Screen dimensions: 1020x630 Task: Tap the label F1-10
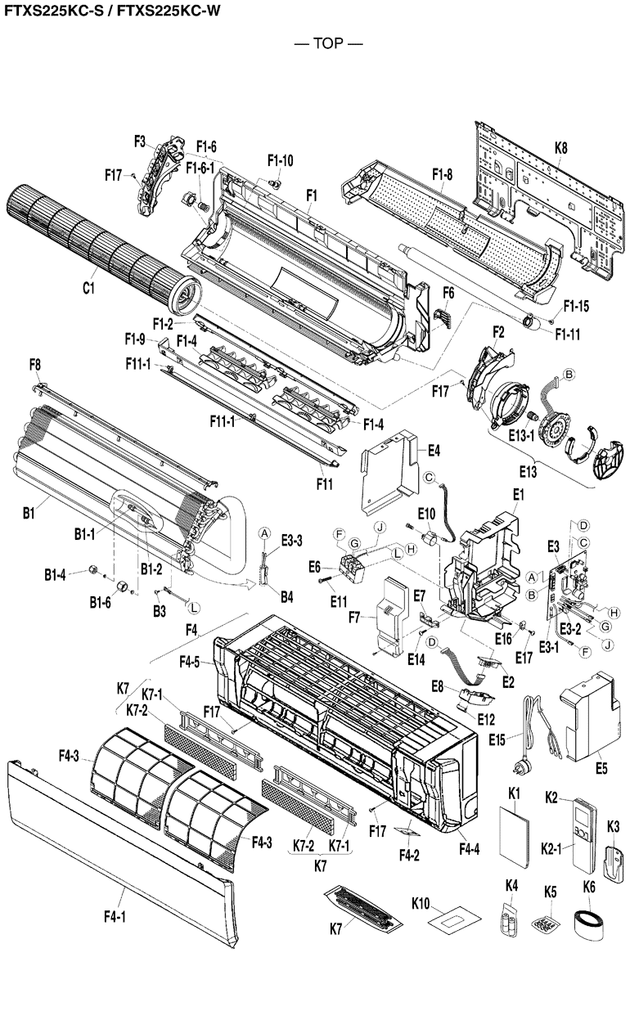(x=280, y=160)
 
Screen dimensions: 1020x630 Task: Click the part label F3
(x=140, y=142)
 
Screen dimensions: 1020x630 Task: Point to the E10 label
(x=426, y=513)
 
